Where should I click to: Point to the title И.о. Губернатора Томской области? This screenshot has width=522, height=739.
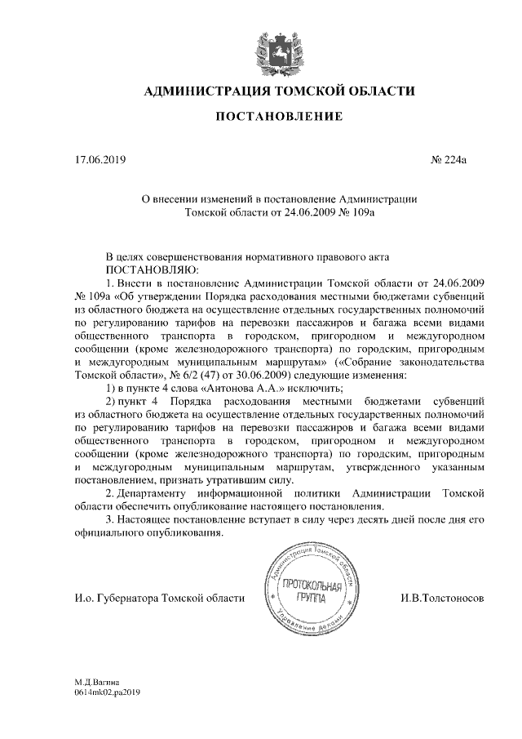(159, 599)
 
